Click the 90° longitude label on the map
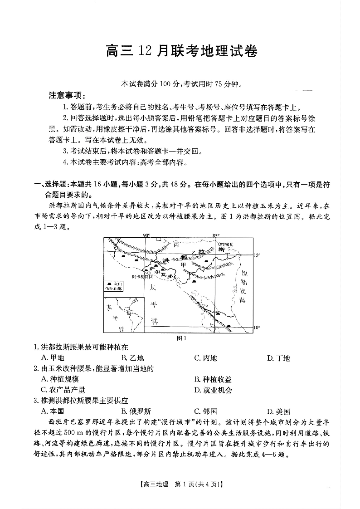(x=146, y=235)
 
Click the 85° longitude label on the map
(x=216, y=235)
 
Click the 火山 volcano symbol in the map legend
(x=109, y=283)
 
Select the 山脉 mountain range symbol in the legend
(x=109, y=288)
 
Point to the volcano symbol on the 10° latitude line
(x=228, y=326)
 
